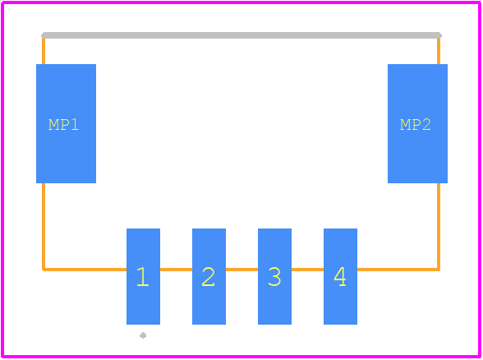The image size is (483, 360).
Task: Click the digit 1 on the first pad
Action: (143, 276)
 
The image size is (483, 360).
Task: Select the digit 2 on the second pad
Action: (209, 276)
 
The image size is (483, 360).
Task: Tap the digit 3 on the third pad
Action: (274, 276)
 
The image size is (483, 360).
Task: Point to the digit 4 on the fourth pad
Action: (340, 276)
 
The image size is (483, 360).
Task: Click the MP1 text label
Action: (64, 125)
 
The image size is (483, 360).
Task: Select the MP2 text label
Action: (416, 125)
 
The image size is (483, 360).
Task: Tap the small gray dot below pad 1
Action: (143, 335)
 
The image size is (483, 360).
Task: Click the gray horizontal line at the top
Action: (241, 35)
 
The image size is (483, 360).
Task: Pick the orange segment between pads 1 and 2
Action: (176, 270)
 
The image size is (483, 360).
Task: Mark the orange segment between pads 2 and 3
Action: (241, 270)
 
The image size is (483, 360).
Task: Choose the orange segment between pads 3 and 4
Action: (307, 270)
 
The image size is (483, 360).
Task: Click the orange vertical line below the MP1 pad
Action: (44, 227)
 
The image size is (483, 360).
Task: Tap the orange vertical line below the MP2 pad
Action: (439, 227)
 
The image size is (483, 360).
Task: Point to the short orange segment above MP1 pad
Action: (44, 51)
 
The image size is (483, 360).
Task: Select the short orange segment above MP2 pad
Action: (439, 51)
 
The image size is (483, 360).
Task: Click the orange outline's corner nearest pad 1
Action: (44, 270)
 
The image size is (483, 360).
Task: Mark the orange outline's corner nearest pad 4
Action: (439, 270)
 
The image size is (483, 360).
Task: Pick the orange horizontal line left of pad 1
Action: (85, 270)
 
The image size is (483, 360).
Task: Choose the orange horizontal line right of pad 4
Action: (398, 270)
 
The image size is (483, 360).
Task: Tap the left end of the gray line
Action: (42, 35)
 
